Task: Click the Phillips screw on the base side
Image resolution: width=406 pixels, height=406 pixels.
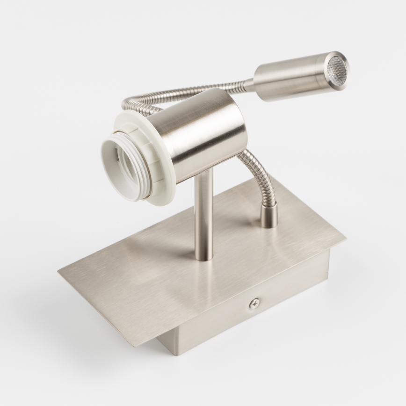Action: point(254,304)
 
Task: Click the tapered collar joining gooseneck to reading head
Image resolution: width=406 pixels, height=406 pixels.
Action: point(249,84)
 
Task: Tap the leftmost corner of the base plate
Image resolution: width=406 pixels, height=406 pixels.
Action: point(59,270)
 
